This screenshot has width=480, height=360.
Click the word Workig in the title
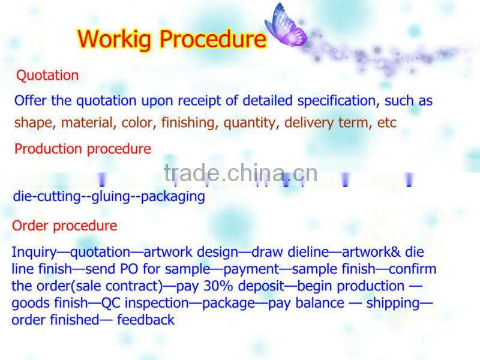click(118, 39)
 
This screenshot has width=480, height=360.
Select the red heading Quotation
click(47, 76)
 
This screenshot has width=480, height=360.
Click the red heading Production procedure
click(83, 149)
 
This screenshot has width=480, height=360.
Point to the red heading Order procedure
click(65, 226)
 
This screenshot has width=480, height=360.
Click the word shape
click(32, 123)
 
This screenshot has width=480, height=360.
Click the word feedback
click(146, 320)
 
